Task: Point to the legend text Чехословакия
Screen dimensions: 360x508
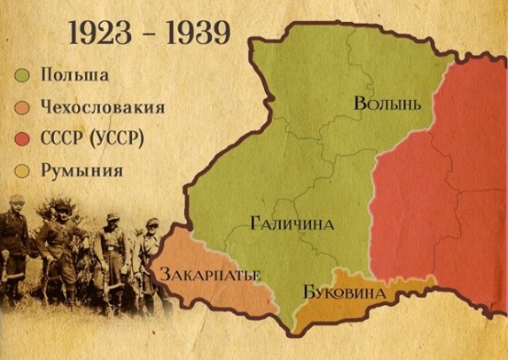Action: (x=103, y=108)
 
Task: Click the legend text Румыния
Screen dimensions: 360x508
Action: (x=82, y=171)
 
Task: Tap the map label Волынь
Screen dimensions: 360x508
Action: (x=387, y=103)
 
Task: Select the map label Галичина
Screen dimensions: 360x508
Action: (x=292, y=224)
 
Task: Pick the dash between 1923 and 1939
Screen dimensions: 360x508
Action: (x=147, y=34)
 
